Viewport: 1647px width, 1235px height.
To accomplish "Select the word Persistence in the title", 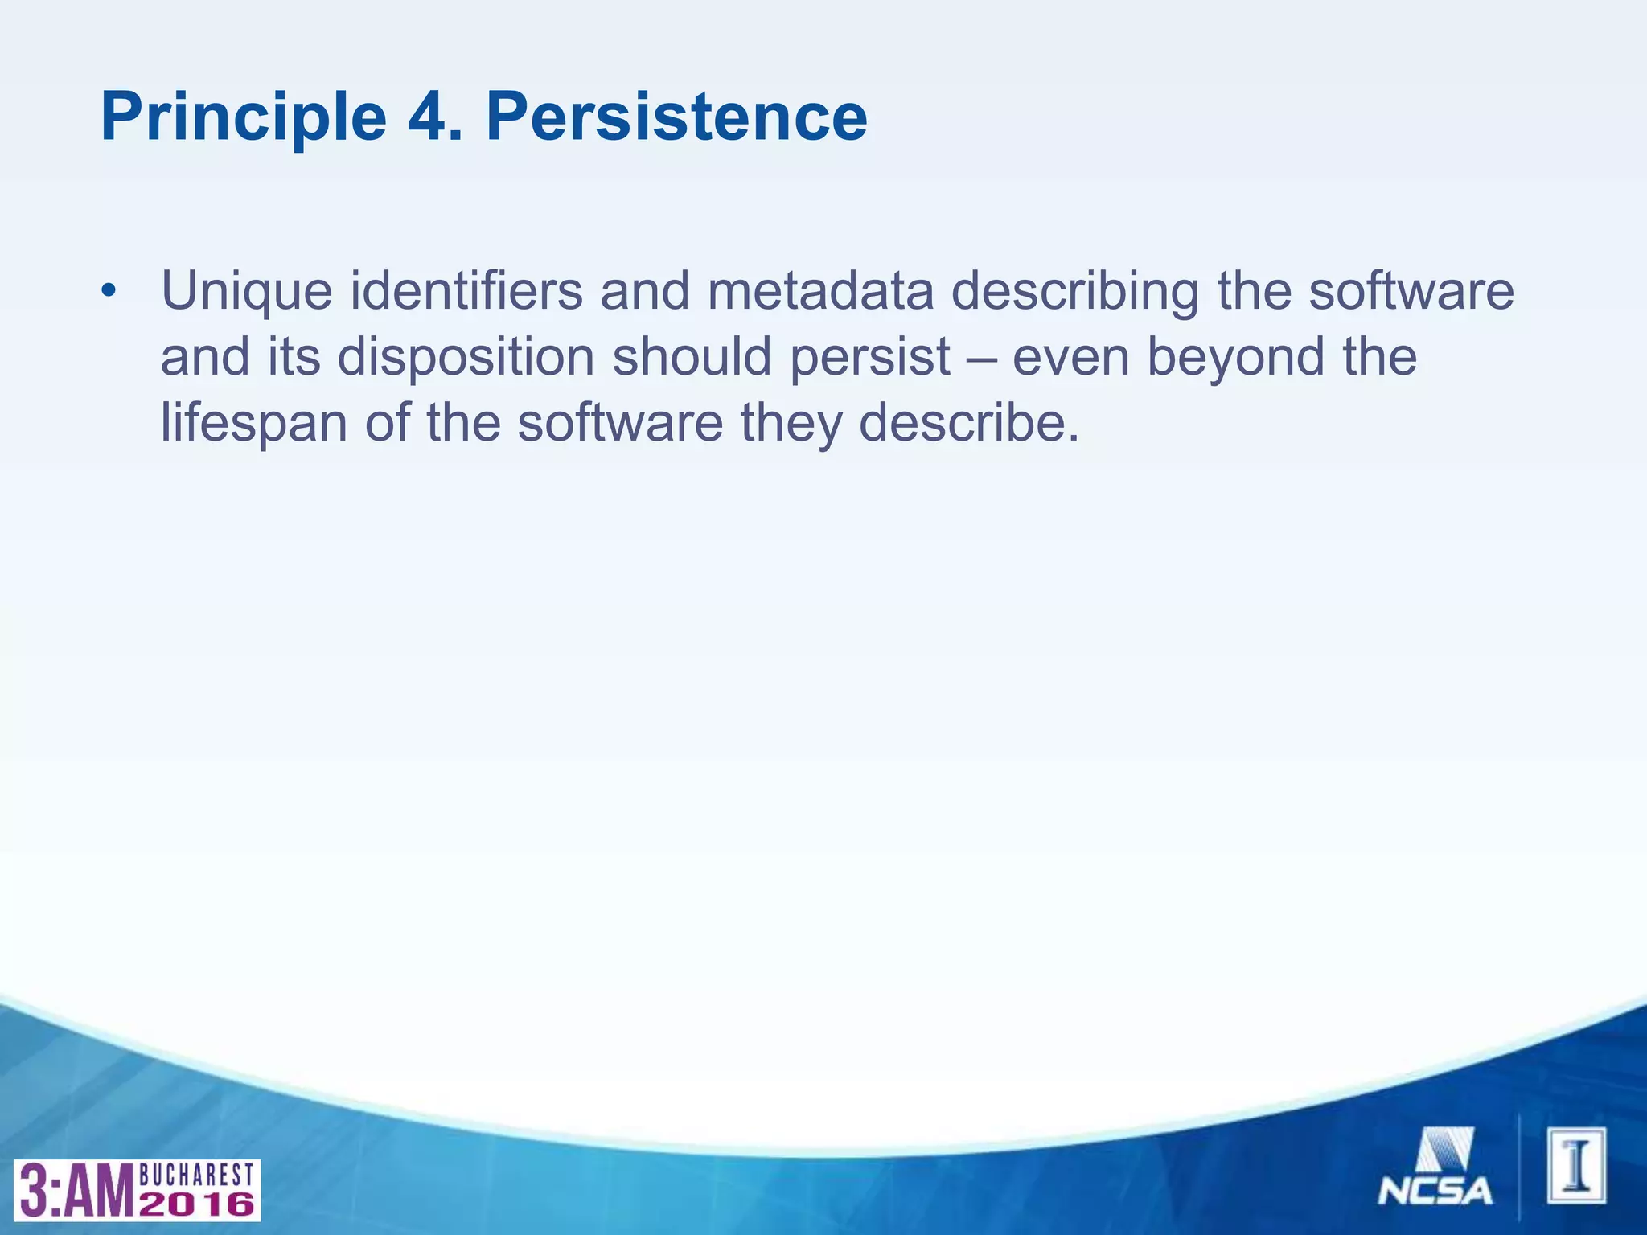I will click(x=676, y=118).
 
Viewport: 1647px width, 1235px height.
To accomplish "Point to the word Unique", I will click(x=246, y=291).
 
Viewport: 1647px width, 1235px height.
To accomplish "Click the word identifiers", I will click(x=466, y=291).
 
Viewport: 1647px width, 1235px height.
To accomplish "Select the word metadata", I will click(x=820, y=291).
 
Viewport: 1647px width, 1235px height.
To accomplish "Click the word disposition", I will click(x=466, y=357).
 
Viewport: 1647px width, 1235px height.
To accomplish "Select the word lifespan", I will click(x=254, y=424).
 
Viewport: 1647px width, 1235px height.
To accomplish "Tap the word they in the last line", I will click(x=791, y=424).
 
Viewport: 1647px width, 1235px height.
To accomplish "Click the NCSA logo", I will click(x=1436, y=1167).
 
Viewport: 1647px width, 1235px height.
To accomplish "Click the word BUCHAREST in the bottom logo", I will click(x=197, y=1176).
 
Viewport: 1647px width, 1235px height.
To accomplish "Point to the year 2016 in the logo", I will click(x=197, y=1204).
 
